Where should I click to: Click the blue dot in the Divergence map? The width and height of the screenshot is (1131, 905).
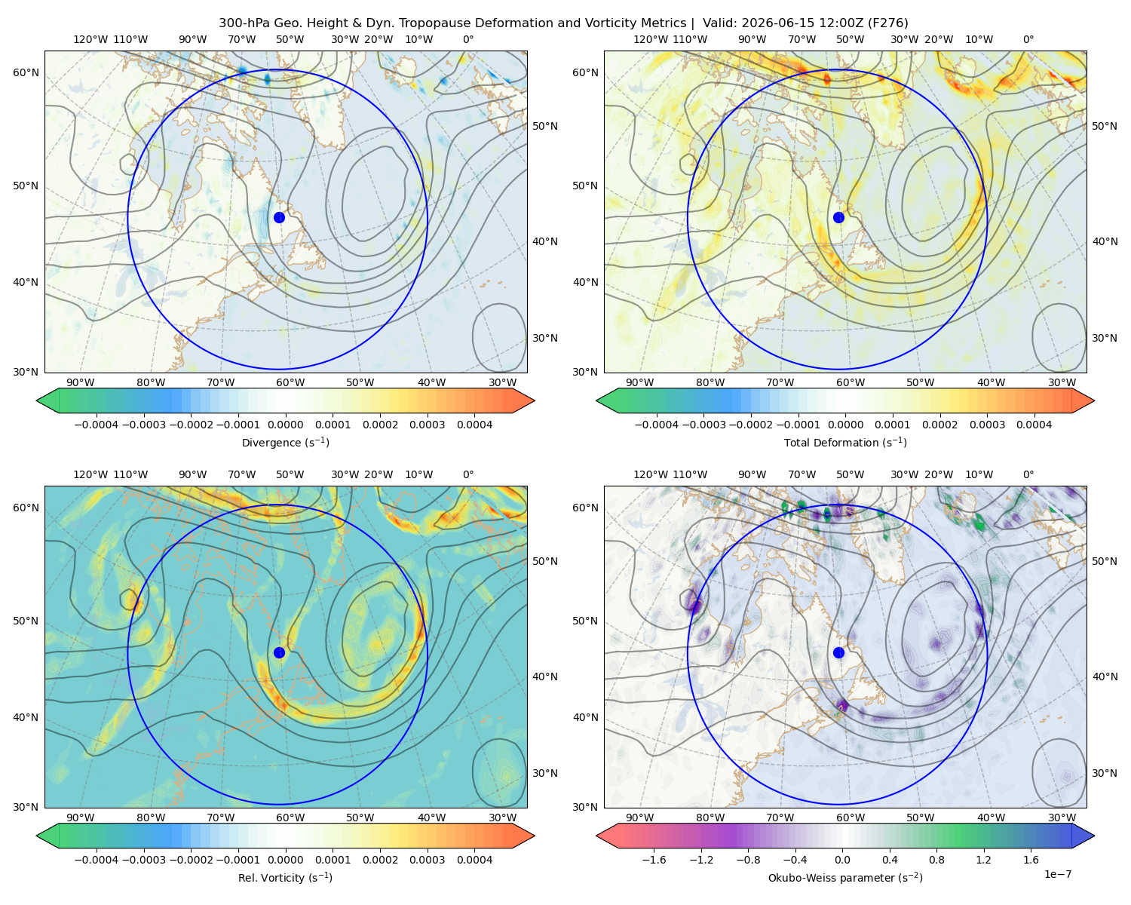[279, 217]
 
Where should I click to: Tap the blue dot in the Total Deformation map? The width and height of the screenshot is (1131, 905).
[838, 217]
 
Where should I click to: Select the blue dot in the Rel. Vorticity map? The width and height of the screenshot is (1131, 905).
[279, 652]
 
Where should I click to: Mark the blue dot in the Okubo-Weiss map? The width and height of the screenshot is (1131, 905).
[838, 652]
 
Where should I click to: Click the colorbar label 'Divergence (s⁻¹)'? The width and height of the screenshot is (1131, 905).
[285, 442]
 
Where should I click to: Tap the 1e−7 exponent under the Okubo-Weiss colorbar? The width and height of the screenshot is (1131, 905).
[1057, 874]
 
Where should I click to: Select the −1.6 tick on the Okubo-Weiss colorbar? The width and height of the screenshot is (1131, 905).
[654, 860]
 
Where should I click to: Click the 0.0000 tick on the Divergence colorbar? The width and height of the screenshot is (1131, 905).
[285, 425]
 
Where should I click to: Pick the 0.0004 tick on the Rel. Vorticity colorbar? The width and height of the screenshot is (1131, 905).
[474, 860]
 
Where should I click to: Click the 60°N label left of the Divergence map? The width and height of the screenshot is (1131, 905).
[26, 72]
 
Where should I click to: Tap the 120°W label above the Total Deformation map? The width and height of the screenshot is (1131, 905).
[650, 39]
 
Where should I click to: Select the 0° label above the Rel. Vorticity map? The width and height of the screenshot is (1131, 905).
[468, 474]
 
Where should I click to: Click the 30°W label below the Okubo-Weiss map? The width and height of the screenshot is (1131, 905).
[1062, 818]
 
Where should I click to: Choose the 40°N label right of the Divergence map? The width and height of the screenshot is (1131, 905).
[545, 241]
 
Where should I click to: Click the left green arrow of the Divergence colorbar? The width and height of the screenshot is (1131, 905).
[48, 400]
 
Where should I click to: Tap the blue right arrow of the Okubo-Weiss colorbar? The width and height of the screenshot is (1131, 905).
[1083, 836]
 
